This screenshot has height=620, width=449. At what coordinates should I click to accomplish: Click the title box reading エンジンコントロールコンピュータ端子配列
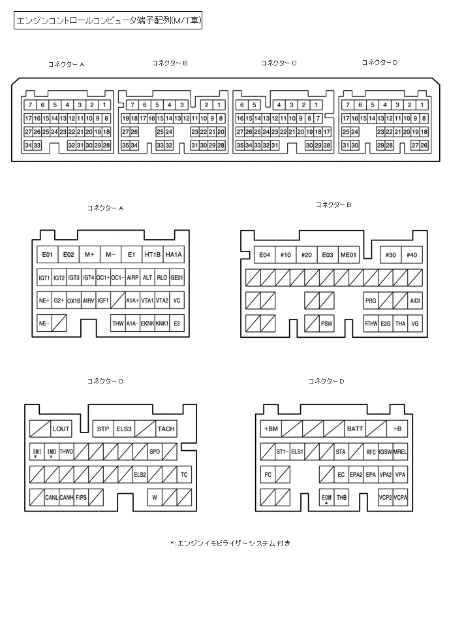108,22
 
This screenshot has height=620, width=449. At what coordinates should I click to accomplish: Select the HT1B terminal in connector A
152,254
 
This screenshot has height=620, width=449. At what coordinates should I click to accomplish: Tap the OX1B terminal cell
74,301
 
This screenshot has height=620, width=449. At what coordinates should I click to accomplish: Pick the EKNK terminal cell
147,323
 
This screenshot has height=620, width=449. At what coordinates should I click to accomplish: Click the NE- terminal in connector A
44,323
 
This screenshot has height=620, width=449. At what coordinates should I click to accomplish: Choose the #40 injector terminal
411,255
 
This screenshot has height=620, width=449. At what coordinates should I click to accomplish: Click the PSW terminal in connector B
326,323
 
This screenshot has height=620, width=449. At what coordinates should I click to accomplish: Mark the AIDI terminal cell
414,301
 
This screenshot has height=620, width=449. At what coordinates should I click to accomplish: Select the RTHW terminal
371,323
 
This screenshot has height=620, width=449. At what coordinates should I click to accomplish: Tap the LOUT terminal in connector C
61,429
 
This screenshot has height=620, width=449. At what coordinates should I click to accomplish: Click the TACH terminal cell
166,429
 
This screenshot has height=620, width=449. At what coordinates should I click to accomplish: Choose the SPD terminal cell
154,451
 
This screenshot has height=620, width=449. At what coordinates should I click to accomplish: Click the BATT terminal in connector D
355,429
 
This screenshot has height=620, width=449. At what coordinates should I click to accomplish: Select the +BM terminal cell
271,429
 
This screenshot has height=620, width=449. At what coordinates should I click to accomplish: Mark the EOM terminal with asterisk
326,498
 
